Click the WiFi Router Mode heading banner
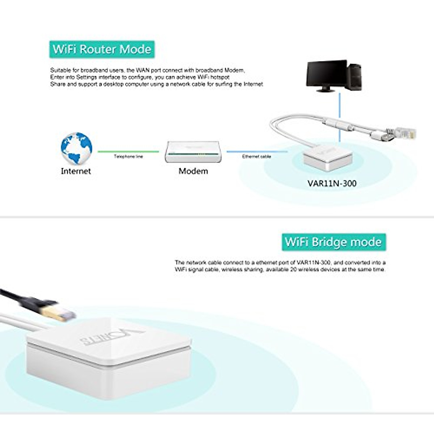[102, 49]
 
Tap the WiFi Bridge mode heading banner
[333, 242]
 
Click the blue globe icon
[76, 148]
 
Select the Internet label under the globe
[76, 171]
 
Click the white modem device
[193, 152]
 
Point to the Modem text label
[193, 171]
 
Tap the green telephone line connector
[128, 152]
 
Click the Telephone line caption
[128, 157]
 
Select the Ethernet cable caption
[256, 157]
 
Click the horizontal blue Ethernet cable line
[256, 152]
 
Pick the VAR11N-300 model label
[332, 183]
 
